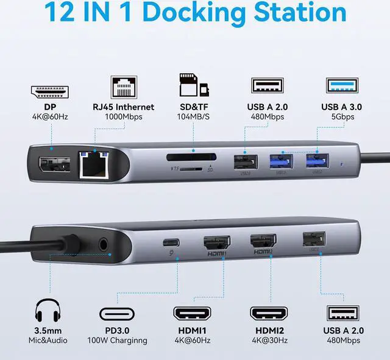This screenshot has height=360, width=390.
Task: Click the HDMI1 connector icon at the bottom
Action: coord(193,313)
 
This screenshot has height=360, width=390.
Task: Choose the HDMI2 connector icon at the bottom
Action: coord(268,313)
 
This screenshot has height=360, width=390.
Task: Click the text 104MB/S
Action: coord(193,117)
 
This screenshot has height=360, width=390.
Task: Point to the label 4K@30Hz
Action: coord(268,340)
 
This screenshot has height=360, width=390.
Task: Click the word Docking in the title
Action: coord(190,13)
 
